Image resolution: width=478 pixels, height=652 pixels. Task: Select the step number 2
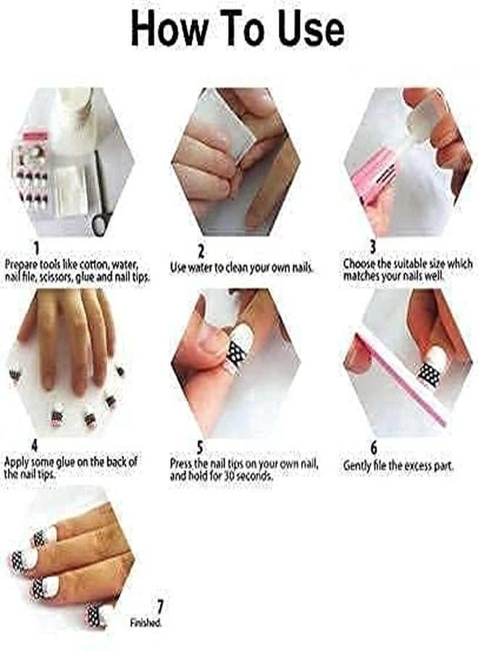point(201,251)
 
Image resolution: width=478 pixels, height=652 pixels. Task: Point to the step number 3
point(372,248)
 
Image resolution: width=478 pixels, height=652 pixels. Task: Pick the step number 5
point(201,447)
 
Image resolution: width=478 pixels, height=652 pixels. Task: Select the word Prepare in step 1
point(22,264)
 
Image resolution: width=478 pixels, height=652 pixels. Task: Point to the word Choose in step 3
point(360,264)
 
